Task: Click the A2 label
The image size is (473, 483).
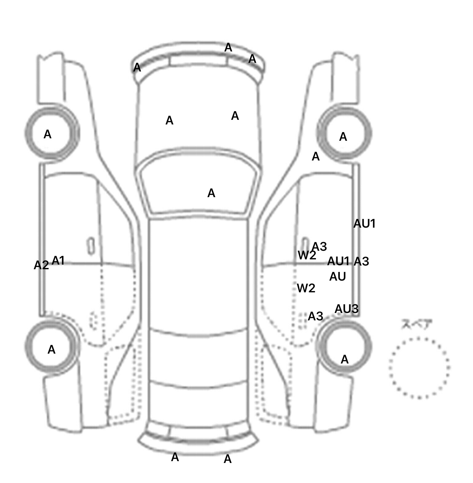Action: click(41, 265)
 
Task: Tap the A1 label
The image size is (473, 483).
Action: click(58, 261)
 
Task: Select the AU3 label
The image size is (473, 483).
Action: click(346, 309)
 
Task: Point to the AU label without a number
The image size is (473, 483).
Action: click(338, 277)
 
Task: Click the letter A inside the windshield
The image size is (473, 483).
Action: click(211, 193)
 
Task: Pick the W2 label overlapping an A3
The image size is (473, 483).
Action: click(307, 255)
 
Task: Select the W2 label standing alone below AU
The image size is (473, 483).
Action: click(306, 288)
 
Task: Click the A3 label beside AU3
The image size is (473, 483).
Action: click(315, 316)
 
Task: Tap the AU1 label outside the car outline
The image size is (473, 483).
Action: click(365, 224)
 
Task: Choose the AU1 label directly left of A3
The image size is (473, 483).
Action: click(338, 261)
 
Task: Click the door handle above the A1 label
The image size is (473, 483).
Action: click(91, 246)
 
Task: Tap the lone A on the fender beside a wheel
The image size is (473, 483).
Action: click(316, 157)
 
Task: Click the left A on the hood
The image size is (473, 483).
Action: click(169, 120)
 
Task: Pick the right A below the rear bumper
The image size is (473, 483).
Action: click(228, 459)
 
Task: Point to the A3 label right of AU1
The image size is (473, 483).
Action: click(361, 261)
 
